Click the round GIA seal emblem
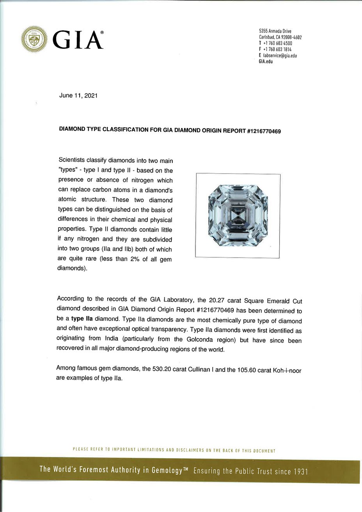click(34, 39)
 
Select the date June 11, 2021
click(78, 96)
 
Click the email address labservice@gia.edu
click(280, 56)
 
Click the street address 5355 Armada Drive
click(275, 31)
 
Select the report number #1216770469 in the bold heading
click(264, 132)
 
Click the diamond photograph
click(238, 215)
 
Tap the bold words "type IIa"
click(82, 318)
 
